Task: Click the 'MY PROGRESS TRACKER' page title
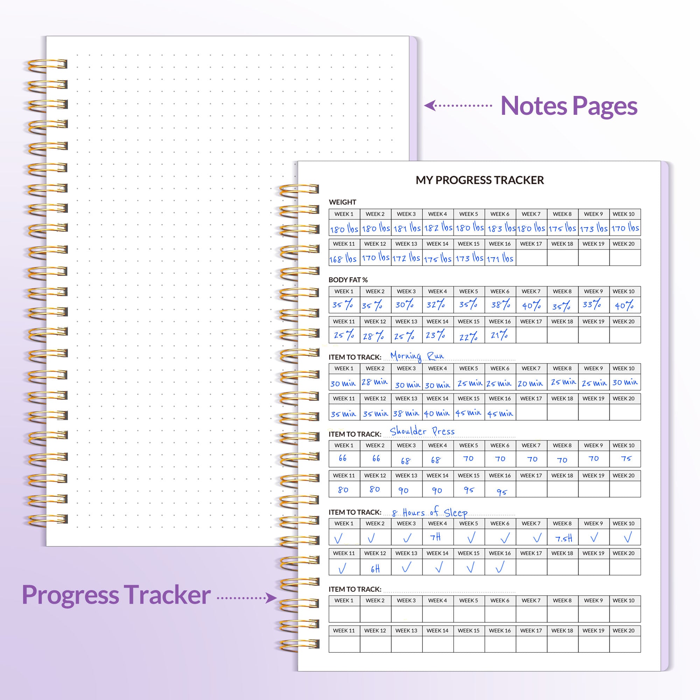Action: tap(479, 180)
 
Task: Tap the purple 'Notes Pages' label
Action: tap(568, 106)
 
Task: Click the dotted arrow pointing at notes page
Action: tap(457, 105)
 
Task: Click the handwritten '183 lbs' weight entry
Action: tap(501, 228)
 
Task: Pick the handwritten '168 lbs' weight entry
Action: tap(343, 259)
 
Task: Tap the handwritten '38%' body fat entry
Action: tap(500, 305)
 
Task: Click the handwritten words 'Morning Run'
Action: tap(416, 356)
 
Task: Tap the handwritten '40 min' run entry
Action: tap(436, 413)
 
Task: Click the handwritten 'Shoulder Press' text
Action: tap(422, 431)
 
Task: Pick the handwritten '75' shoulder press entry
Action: tap(626, 458)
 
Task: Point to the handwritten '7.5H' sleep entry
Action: tap(563, 538)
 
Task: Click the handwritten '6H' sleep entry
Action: tap(375, 569)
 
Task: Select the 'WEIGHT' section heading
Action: tap(342, 202)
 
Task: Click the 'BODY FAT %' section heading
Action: tap(348, 280)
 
